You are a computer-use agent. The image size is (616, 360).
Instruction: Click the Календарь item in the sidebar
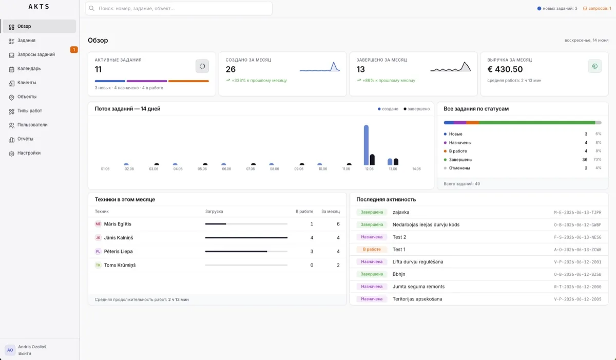[29, 68]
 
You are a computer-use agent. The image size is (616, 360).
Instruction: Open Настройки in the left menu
[29, 153]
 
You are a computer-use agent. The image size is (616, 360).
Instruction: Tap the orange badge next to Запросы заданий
[74, 49]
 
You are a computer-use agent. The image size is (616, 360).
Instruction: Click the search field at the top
[179, 9]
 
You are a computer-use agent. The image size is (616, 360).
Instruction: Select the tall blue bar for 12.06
[366, 145]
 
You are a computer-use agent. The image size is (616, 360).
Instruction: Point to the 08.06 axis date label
[275, 169]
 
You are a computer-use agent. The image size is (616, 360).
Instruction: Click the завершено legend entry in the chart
[416, 109]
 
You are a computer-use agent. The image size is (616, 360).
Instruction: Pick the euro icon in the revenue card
[594, 66]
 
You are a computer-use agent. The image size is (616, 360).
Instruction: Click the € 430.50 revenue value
[505, 69]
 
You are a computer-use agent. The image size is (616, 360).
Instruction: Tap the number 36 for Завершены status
[585, 160]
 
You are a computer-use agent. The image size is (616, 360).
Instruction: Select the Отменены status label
[459, 168]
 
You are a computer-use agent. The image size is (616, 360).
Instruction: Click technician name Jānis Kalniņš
[118, 238]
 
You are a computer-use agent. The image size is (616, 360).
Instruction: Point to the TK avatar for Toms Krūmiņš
[98, 265]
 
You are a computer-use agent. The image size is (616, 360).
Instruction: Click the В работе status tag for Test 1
[372, 250]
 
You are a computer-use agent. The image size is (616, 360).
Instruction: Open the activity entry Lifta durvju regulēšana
[418, 262]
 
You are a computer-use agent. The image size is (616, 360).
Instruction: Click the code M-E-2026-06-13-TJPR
[577, 212]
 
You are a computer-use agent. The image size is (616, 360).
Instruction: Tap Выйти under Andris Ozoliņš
[25, 353]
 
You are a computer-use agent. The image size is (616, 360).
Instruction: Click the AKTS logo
[39, 7]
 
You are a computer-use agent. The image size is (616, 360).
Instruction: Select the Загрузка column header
[214, 212]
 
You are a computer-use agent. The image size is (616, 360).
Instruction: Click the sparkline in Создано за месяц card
[319, 67]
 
